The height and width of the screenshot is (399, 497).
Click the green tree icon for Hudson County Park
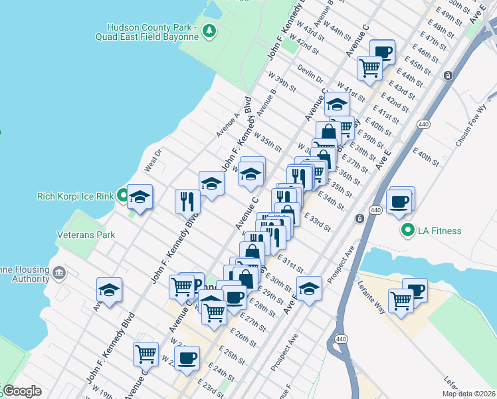coord(209,30)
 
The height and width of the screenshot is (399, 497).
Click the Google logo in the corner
coord(21,391)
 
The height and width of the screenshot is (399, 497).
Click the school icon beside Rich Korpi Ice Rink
coord(140,197)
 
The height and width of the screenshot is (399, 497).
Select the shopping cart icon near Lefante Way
coord(401,300)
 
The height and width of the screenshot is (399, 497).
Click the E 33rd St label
coord(317,221)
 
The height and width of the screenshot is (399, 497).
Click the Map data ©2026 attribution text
coord(468,394)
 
